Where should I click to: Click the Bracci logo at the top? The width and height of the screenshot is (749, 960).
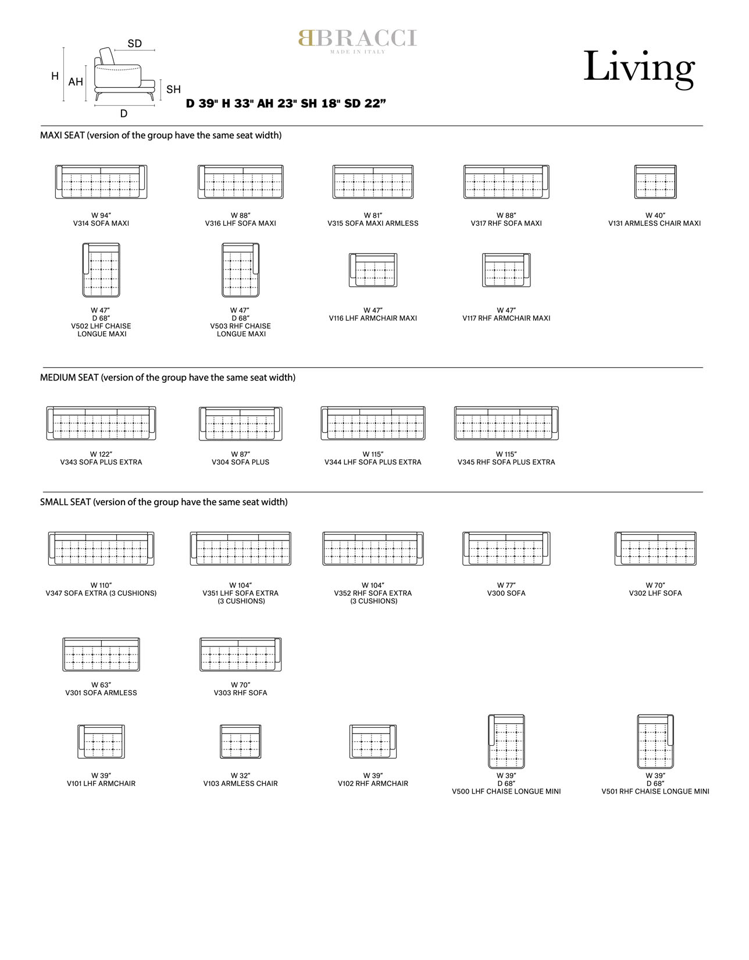pyautogui.click(x=358, y=41)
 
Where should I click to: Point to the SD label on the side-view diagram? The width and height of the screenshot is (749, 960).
pyautogui.click(x=134, y=43)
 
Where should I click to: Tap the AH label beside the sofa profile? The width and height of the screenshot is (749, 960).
pyautogui.click(x=76, y=81)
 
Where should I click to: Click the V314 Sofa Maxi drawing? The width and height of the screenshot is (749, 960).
pyautogui.click(x=101, y=182)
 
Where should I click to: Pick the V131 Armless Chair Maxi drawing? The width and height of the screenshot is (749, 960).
pyautogui.click(x=655, y=182)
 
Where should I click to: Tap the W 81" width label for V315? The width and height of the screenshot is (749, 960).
pyautogui.click(x=373, y=215)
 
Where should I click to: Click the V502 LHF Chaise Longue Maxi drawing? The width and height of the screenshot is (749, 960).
pyautogui.click(x=101, y=270)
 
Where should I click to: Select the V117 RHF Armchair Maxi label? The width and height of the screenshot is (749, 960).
pyautogui.click(x=507, y=318)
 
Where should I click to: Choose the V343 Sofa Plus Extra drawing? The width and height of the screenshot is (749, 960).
pyautogui.click(x=101, y=423)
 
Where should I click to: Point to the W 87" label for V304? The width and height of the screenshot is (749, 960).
pyautogui.click(x=241, y=454)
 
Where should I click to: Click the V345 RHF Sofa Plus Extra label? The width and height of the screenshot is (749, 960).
pyautogui.click(x=507, y=462)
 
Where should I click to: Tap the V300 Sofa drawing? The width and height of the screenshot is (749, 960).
pyautogui.click(x=507, y=549)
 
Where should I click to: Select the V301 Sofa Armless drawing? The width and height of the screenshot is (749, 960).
pyautogui.click(x=101, y=655)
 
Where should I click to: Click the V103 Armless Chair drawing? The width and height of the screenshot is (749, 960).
pyautogui.click(x=241, y=742)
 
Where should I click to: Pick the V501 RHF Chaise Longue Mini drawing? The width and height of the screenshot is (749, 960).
pyautogui.click(x=655, y=742)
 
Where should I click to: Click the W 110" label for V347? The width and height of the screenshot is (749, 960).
pyautogui.click(x=101, y=585)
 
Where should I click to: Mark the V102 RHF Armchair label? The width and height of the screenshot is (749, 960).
pyautogui.click(x=373, y=783)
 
